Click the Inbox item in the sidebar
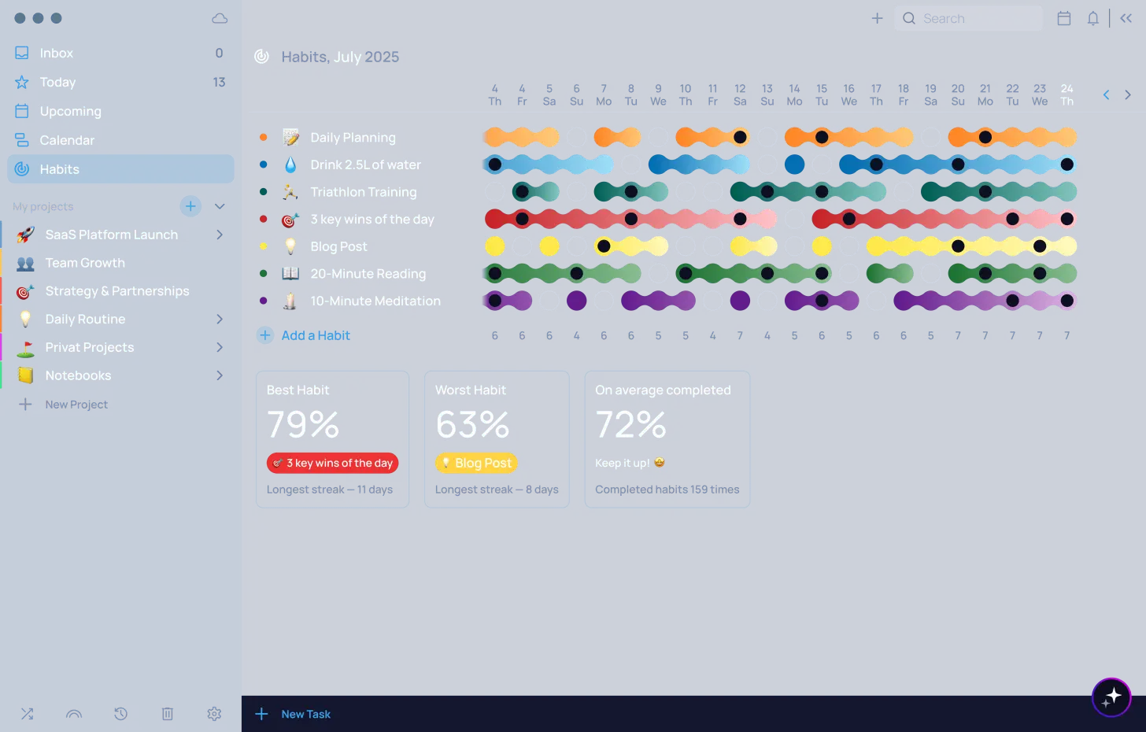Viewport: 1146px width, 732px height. coord(56,54)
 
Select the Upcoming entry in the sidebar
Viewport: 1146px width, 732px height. coord(70,112)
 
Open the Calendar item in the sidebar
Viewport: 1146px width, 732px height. coord(67,141)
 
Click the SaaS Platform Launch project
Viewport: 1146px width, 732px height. coord(111,235)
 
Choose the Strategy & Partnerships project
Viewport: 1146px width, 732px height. coord(116,291)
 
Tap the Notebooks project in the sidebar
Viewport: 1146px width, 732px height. coord(78,375)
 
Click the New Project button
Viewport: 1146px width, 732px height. coord(76,405)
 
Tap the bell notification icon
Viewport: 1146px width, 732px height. coord(1092,18)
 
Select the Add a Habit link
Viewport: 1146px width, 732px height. coord(315,335)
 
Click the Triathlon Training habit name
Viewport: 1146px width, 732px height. coord(363,192)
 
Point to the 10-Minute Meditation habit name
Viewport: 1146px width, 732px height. coord(375,301)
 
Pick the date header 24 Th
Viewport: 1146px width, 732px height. coord(1067,94)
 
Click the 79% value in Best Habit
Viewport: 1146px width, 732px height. coord(303,425)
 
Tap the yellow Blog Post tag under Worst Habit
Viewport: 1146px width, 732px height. coord(476,463)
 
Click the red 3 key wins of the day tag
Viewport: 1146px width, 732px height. coord(332,463)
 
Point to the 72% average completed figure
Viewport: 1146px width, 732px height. coord(630,425)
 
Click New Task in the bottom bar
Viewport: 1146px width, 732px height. coord(305,714)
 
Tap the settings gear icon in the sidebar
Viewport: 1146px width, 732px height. coord(214,714)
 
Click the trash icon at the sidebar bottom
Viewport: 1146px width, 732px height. coord(168,714)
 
